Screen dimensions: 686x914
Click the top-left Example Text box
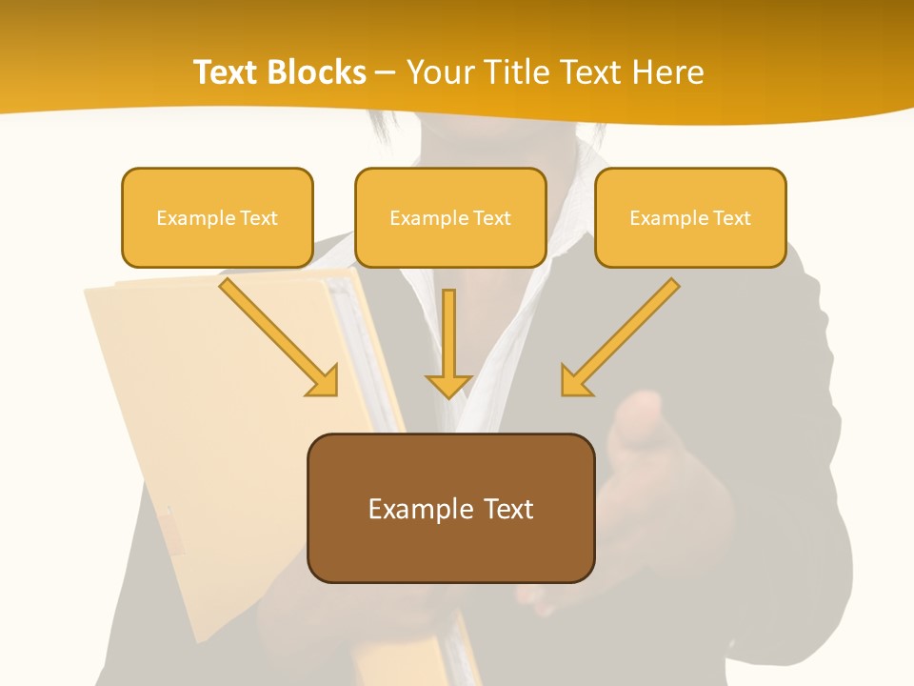217,218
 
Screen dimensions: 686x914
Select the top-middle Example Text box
450,218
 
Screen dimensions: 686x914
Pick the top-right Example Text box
690,218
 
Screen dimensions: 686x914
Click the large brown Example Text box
450,509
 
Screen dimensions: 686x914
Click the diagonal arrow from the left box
276,335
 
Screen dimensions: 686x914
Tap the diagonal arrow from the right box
623,335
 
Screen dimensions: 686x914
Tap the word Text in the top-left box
259,218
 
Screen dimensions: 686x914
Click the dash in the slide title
386,72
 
